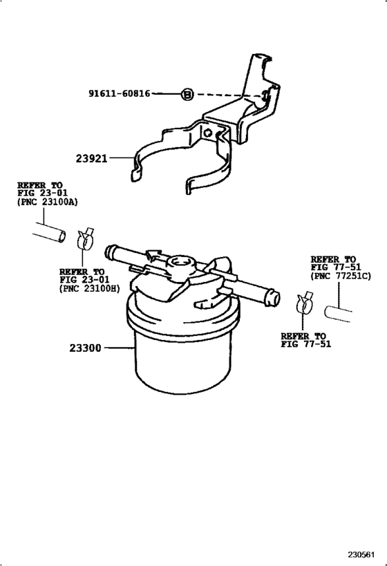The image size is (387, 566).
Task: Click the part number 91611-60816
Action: tap(119, 94)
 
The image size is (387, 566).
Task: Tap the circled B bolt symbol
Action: tap(187, 95)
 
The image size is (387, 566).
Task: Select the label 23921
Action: tap(92, 158)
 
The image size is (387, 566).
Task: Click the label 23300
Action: tap(86, 348)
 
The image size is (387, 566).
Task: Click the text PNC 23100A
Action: tap(47, 202)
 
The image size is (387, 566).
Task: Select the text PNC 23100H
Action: tap(90, 289)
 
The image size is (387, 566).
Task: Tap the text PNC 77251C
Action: tap(341, 276)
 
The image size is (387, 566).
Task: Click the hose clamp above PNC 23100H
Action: tap(85, 238)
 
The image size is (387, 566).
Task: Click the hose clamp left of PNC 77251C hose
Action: tap(303, 303)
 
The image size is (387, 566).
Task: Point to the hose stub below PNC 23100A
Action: tap(50, 233)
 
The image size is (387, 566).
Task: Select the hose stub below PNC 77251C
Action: tap(337, 313)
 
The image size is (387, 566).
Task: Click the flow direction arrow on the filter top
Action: tap(156, 256)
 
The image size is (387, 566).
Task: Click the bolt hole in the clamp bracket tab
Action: tap(207, 133)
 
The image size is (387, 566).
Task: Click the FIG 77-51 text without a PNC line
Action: tap(305, 344)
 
